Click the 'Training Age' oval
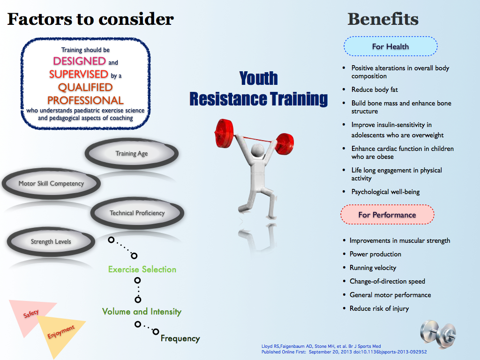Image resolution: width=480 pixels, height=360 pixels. tap(131, 154)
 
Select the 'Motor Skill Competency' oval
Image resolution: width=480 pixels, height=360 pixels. tap(51, 183)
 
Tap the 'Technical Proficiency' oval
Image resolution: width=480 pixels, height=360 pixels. tap(137, 213)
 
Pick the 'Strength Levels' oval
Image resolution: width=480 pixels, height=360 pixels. tap(51, 242)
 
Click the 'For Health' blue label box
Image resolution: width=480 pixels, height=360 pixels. tap(390, 47)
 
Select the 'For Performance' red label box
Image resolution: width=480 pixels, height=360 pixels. tap(387, 215)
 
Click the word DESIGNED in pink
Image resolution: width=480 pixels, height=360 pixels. tap(79, 61)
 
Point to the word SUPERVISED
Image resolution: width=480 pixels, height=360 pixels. tap(78, 74)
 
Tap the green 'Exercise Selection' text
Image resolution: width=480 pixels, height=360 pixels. tap(142, 270)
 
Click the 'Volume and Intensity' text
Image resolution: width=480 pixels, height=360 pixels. tap(142, 312)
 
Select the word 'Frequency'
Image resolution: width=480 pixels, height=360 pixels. tap(180, 338)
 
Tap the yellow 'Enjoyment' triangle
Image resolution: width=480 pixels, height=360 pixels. tap(61, 330)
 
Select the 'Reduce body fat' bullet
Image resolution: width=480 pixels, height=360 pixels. tap(375, 90)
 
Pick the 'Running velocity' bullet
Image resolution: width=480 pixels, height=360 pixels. tap(373, 268)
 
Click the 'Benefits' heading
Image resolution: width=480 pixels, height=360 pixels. tap(382, 19)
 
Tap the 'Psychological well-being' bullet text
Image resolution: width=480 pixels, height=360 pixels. tap(385, 192)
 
